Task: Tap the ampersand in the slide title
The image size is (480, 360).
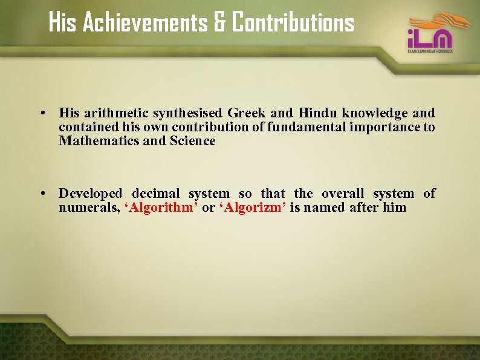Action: click(219, 23)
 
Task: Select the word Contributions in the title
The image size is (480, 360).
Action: click(293, 23)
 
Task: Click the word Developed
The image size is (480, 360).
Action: click(90, 194)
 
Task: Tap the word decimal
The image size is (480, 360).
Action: click(155, 194)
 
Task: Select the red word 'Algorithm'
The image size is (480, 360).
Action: click(161, 208)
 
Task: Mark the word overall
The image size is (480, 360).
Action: click(343, 194)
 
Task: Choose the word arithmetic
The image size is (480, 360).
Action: click(116, 113)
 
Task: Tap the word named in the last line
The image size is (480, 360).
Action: click(325, 208)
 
